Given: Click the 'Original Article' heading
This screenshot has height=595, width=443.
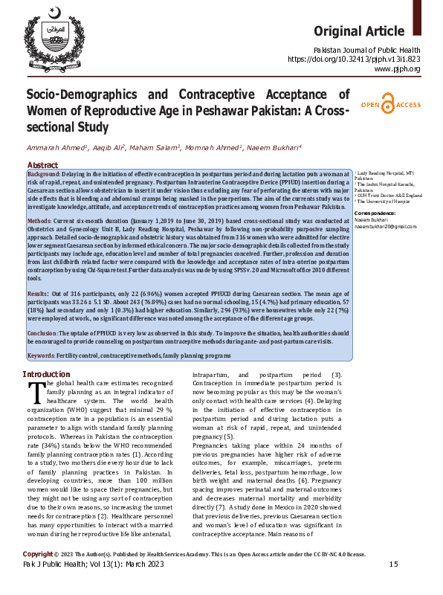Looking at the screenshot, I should pos(367,30).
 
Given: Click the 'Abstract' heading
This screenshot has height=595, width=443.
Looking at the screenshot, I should pos(43,164).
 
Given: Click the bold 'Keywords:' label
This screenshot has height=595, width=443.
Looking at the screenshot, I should pos(42,356).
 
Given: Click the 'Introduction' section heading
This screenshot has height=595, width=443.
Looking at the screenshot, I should pos(46,374).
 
